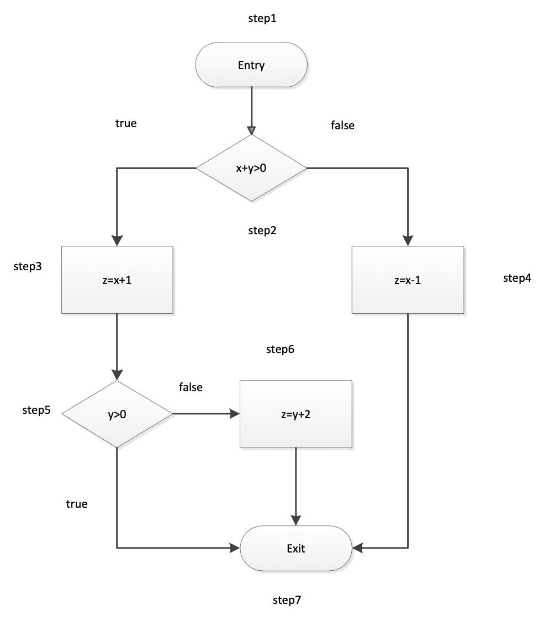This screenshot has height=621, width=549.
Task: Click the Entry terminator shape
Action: click(251, 65)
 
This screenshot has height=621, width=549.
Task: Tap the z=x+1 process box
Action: click(117, 280)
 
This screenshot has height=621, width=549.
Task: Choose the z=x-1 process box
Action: click(408, 280)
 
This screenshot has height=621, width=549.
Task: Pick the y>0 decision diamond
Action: click(117, 414)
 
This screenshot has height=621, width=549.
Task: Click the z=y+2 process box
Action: click(295, 414)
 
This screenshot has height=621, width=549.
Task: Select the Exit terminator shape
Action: click(295, 549)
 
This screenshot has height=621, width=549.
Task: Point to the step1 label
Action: click(262, 18)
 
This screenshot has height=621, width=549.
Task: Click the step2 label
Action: click(262, 230)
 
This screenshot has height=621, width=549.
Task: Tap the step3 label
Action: click(28, 266)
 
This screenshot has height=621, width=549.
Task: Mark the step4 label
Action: click(517, 278)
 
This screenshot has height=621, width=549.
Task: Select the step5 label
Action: click(36, 410)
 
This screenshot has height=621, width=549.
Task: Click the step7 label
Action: click(287, 600)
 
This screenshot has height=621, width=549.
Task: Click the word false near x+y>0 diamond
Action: click(342, 125)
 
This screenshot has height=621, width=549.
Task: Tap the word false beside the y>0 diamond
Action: click(191, 387)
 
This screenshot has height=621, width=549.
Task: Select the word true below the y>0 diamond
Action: click(77, 504)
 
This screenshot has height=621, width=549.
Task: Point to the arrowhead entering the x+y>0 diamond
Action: click(251, 130)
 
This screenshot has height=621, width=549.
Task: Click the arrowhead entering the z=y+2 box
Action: click(234, 414)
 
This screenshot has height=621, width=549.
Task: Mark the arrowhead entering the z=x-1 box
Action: click(408, 241)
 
